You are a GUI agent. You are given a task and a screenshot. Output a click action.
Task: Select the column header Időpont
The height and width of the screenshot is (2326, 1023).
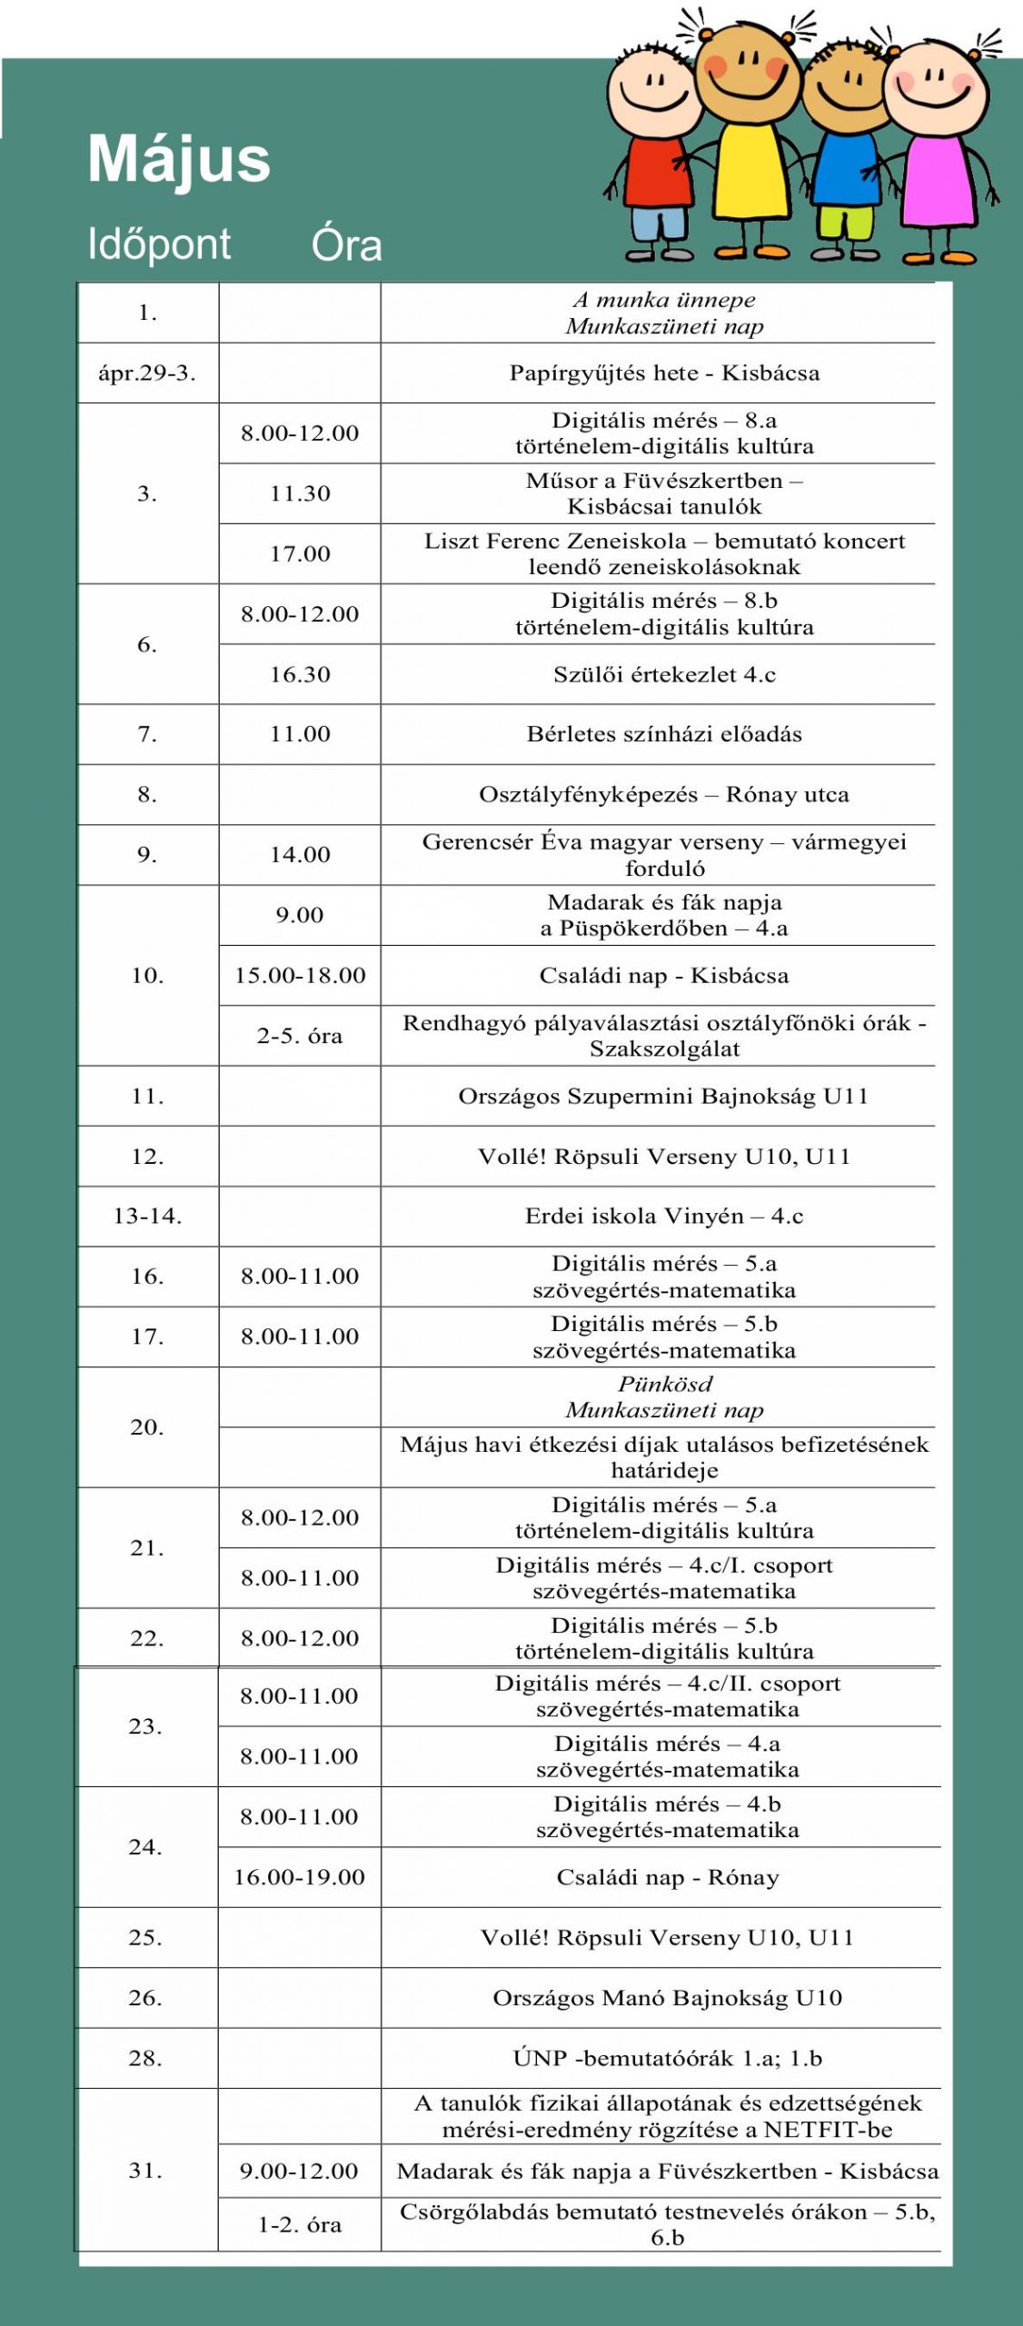pos(159,244)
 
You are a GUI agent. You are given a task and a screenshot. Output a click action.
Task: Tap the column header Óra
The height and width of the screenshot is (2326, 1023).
pos(346,244)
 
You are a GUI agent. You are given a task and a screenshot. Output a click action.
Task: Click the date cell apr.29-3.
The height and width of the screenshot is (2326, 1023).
pos(147,373)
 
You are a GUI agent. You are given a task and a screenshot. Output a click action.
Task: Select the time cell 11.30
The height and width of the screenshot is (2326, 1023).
pos(300,493)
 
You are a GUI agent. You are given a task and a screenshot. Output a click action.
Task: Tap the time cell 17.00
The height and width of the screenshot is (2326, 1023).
pos(300,553)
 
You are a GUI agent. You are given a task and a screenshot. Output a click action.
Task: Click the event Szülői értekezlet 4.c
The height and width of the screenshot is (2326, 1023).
pos(664,674)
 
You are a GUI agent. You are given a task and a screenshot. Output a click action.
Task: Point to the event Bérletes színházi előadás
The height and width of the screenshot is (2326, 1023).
pos(664,734)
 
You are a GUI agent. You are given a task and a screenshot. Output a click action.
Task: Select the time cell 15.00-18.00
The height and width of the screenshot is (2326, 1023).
pos(300,976)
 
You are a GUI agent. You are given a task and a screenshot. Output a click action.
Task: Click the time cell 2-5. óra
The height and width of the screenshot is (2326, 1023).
pos(300,1036)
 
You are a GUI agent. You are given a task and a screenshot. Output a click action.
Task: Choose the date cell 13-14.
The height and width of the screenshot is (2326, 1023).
pos(147,1217)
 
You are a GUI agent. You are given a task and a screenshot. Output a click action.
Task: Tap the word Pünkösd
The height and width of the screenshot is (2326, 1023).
pos(665,1385)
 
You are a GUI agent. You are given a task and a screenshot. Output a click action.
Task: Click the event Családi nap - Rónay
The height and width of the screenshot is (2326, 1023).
pos(668,1878)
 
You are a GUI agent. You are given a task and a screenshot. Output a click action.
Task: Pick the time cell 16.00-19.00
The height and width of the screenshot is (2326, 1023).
pos(299,1878)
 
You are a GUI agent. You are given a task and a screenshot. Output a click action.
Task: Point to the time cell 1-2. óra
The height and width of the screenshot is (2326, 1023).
pos(300,2225)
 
